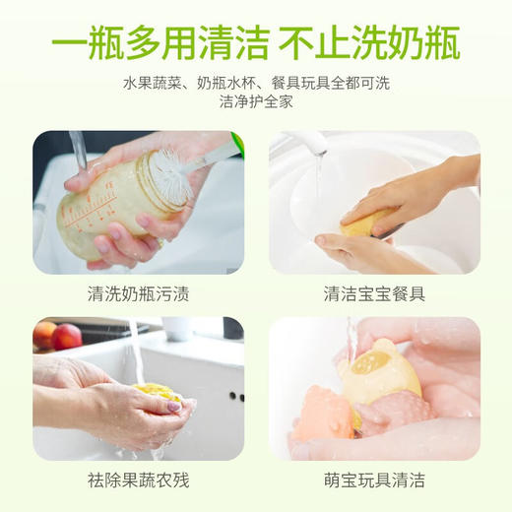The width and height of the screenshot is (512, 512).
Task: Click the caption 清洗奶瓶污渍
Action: coord(138,293)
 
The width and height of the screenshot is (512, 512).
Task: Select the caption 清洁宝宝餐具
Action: coord(374,293)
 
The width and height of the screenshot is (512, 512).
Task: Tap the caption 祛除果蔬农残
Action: coord(138,481)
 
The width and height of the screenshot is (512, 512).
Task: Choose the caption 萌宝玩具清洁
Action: coord(374,481)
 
